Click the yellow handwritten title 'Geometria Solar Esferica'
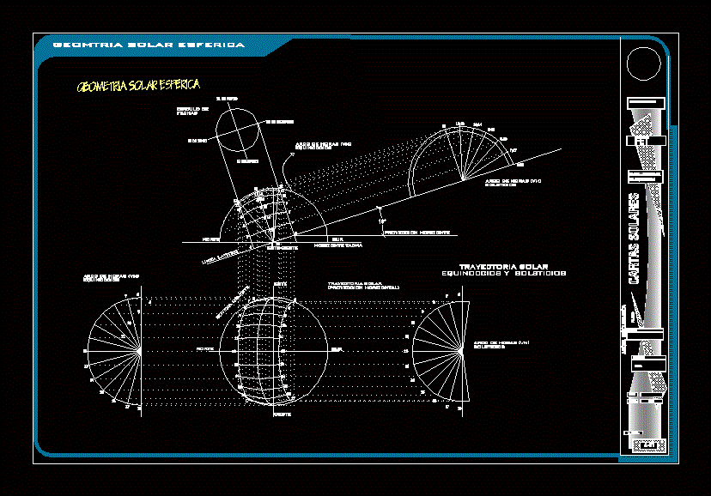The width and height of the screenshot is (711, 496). point(138,86)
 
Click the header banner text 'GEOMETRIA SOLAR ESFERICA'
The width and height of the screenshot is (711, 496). point(149,45)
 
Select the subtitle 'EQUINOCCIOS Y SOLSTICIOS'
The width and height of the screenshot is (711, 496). point(503,274)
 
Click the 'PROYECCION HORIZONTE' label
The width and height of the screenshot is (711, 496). point(416,232)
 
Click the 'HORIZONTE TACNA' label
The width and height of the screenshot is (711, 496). point(337,245)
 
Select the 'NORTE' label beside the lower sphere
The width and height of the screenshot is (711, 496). point(204,349)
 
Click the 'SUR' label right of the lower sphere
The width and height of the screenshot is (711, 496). point(337,349)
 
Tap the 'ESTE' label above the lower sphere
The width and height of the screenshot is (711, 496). point(279,283)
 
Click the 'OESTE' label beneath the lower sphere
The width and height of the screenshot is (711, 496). point(281,415)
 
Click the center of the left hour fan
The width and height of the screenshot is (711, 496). point(141,350)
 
